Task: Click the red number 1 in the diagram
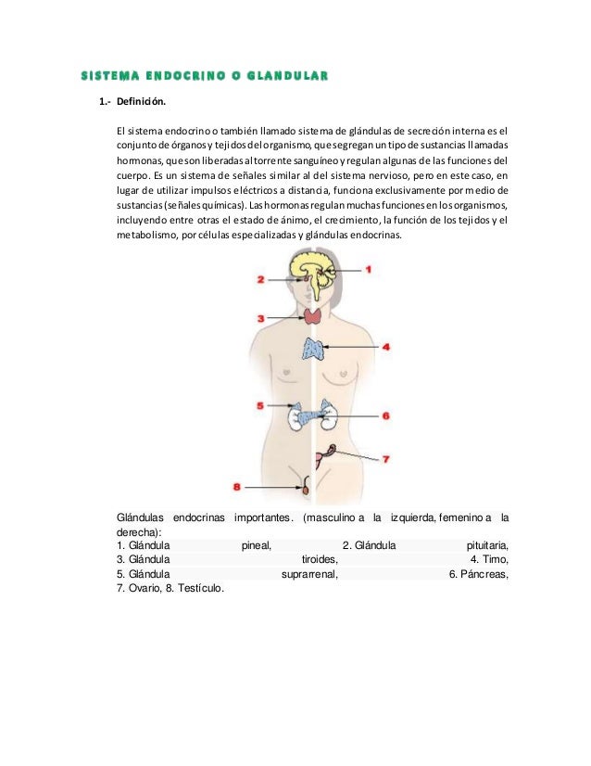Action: tap(368, 270)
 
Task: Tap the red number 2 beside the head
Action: tap(262, 278)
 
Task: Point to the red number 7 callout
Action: tap(386, 457)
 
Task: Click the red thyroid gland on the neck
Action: tap(313, 316)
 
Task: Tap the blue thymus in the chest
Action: tap(314, 350)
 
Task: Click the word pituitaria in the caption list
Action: tap(487, 545)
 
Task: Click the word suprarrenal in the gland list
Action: tap(308, 574)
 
